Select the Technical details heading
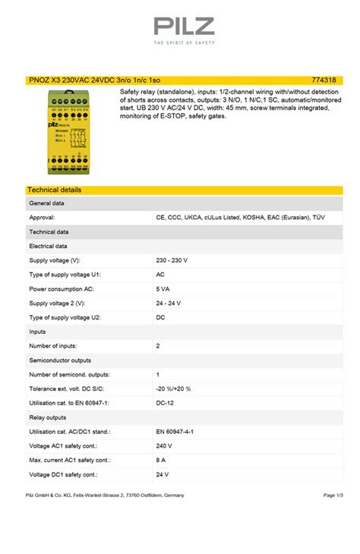(54, 190)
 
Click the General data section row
(46, 203)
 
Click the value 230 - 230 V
(172, 260)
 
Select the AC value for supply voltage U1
(160, 274)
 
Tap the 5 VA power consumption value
(163, 288)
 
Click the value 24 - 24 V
(169, 303)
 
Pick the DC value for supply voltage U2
(160, 317)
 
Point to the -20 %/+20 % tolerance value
(173, 389)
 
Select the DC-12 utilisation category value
(166, 403)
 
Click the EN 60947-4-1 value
(175, 431)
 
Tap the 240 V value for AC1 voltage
(164, 445)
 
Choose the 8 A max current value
(161, 460)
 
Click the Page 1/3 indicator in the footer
(333, 496)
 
